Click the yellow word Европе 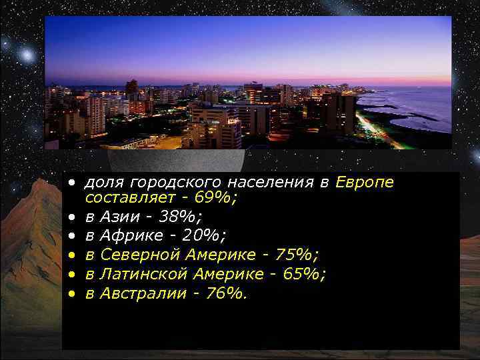coord(365,183)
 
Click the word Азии coord(118,217)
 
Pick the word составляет coord(127,198)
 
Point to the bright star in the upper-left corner coord(27,52)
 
